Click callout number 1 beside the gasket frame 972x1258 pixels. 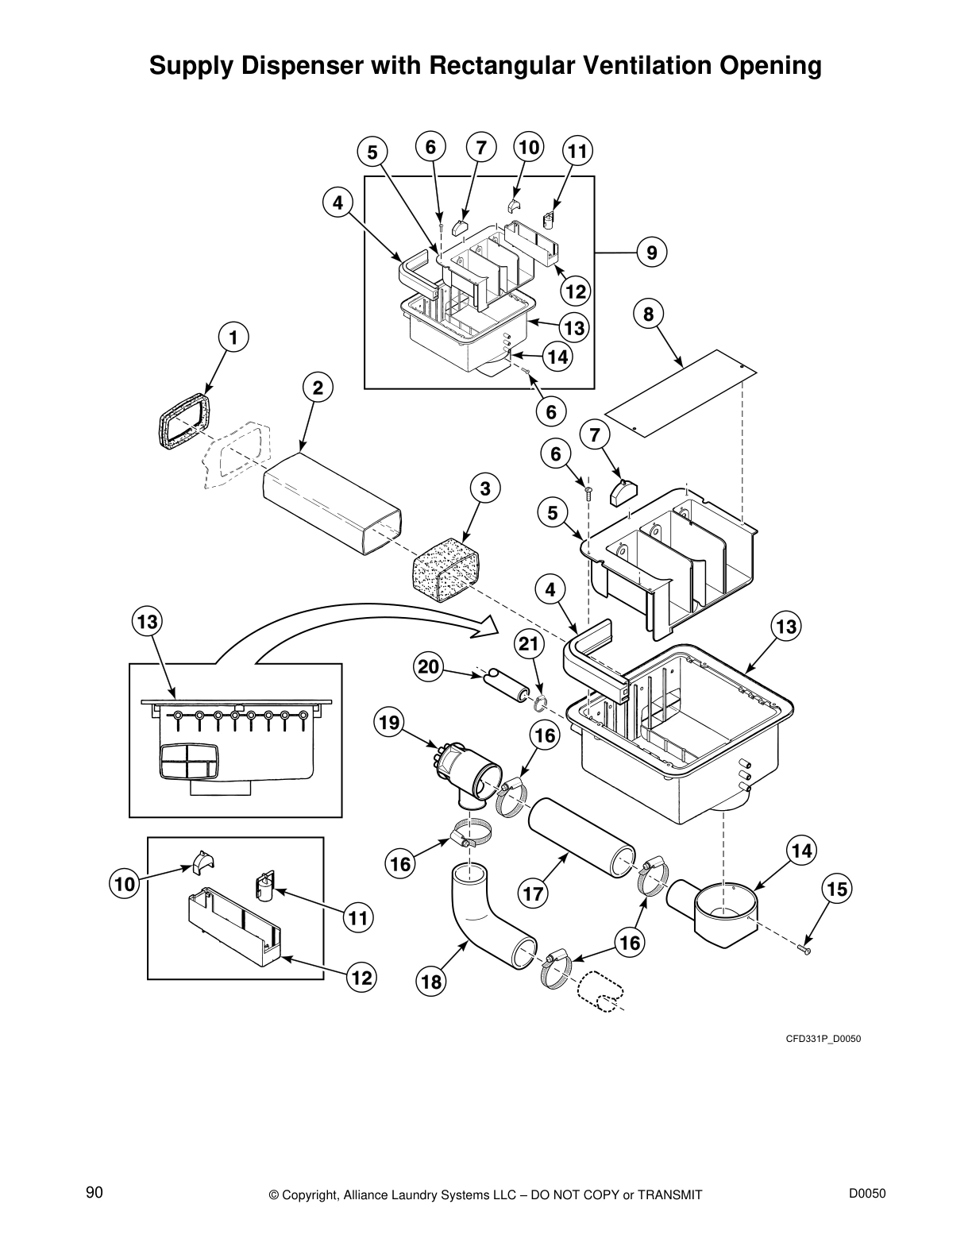233,338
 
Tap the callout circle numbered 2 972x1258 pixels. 318,388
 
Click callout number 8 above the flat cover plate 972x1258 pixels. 649,314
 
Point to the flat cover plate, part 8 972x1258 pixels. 680,393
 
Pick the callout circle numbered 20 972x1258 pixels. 429,668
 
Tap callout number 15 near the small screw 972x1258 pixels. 837,889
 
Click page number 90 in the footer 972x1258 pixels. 94,1192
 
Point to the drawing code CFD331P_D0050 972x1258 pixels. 823,1037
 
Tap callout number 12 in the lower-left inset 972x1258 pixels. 361,978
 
